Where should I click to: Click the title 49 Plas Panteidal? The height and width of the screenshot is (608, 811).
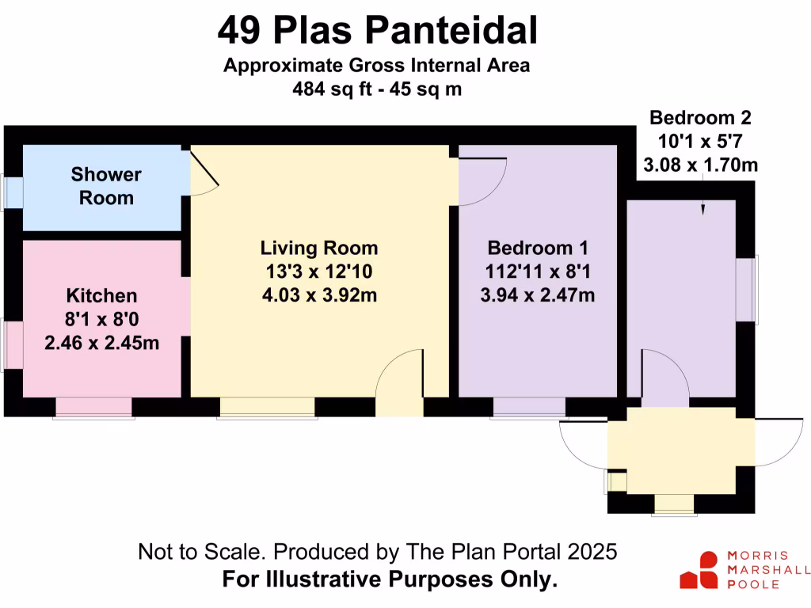[377, 32]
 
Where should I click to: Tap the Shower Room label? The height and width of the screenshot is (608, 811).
[106, 185]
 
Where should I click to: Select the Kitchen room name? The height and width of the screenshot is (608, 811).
[101, 296]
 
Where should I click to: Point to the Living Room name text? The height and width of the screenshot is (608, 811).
[319, 248]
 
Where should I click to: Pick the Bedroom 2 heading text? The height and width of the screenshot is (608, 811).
[700, 118]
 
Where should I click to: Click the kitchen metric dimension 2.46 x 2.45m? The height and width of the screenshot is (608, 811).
[101, 344]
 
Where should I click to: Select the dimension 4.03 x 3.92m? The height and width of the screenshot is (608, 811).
[319, 295]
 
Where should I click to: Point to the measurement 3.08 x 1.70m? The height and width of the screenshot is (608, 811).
[700, 165]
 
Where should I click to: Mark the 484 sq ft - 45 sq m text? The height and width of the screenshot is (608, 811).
[377, 89]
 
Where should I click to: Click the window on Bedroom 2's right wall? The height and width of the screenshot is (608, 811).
[748, 288]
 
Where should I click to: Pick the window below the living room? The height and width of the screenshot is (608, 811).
[267, 407]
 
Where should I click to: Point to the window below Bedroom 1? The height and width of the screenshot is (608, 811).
[529, 407]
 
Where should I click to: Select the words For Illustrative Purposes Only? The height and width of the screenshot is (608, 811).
[390, 579]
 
